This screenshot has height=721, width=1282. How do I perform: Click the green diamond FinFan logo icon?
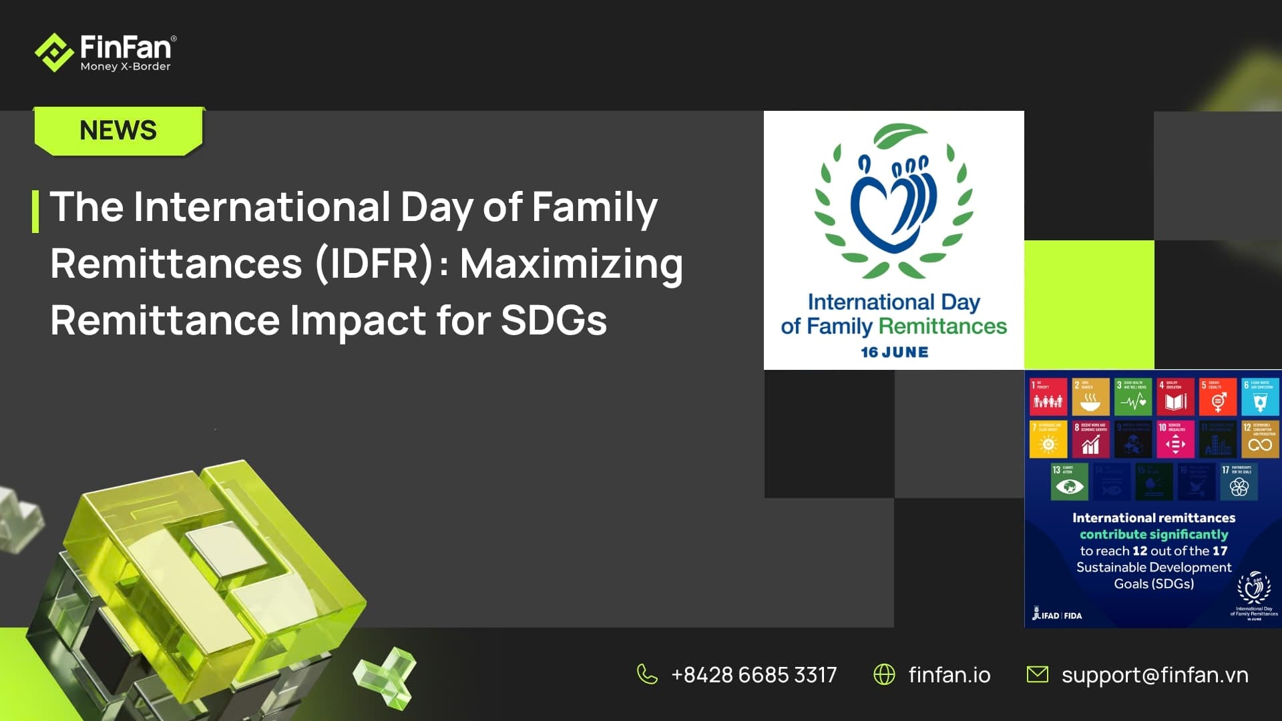point(53,52)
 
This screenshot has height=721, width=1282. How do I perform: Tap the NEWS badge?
point(118,131)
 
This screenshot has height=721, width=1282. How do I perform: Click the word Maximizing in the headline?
point(572,264)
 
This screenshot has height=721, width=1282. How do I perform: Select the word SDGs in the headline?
point(554,320)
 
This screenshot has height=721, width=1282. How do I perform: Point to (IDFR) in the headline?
point(375,264)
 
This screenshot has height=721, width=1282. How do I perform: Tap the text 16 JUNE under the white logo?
point(894,352)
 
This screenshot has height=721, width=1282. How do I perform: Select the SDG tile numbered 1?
point(1048,396)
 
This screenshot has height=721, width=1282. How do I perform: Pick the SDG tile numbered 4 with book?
point(1175,396)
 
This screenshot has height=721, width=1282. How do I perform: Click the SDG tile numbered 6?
point(1260,396)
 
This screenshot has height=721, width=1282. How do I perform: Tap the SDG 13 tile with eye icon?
point(1069,481)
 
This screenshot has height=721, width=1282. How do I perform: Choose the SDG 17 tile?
point(1239,481)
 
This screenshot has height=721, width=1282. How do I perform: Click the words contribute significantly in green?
point(1154,534)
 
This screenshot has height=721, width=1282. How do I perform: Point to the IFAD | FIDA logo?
point(1057,615)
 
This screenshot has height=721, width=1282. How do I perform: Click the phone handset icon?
point(646,674)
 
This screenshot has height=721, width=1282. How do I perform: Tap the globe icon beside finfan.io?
point(884,674)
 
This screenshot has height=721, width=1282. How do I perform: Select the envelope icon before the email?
point(1037,674)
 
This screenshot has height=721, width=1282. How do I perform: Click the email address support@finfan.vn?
point(1154,675)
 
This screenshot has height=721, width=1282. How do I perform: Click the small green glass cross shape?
point(386,676)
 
